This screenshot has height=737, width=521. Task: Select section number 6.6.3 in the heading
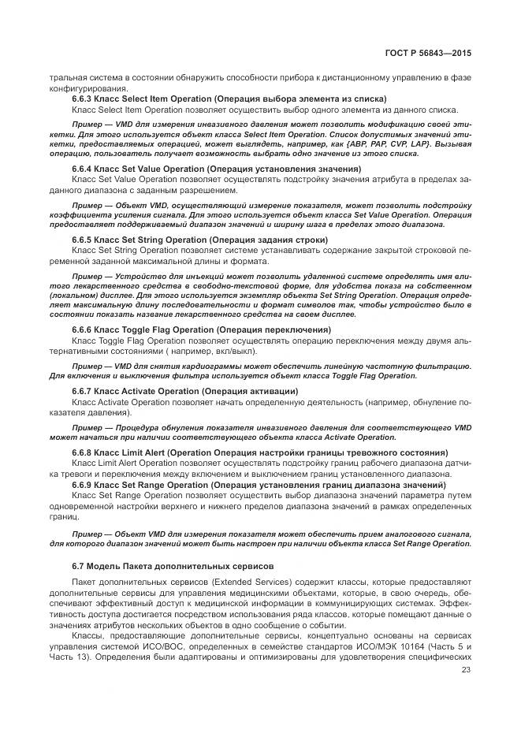click(x=84, y=99)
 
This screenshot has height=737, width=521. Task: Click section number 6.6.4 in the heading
click(x=84, y=169)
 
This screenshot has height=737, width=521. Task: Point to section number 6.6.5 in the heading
click(x=84, y=239)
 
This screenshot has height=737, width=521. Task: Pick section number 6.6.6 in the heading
click(x=84, y=329)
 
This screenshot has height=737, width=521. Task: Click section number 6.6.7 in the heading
click(x=84, y=391)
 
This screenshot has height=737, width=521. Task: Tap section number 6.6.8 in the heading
click(x=84, y=452)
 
